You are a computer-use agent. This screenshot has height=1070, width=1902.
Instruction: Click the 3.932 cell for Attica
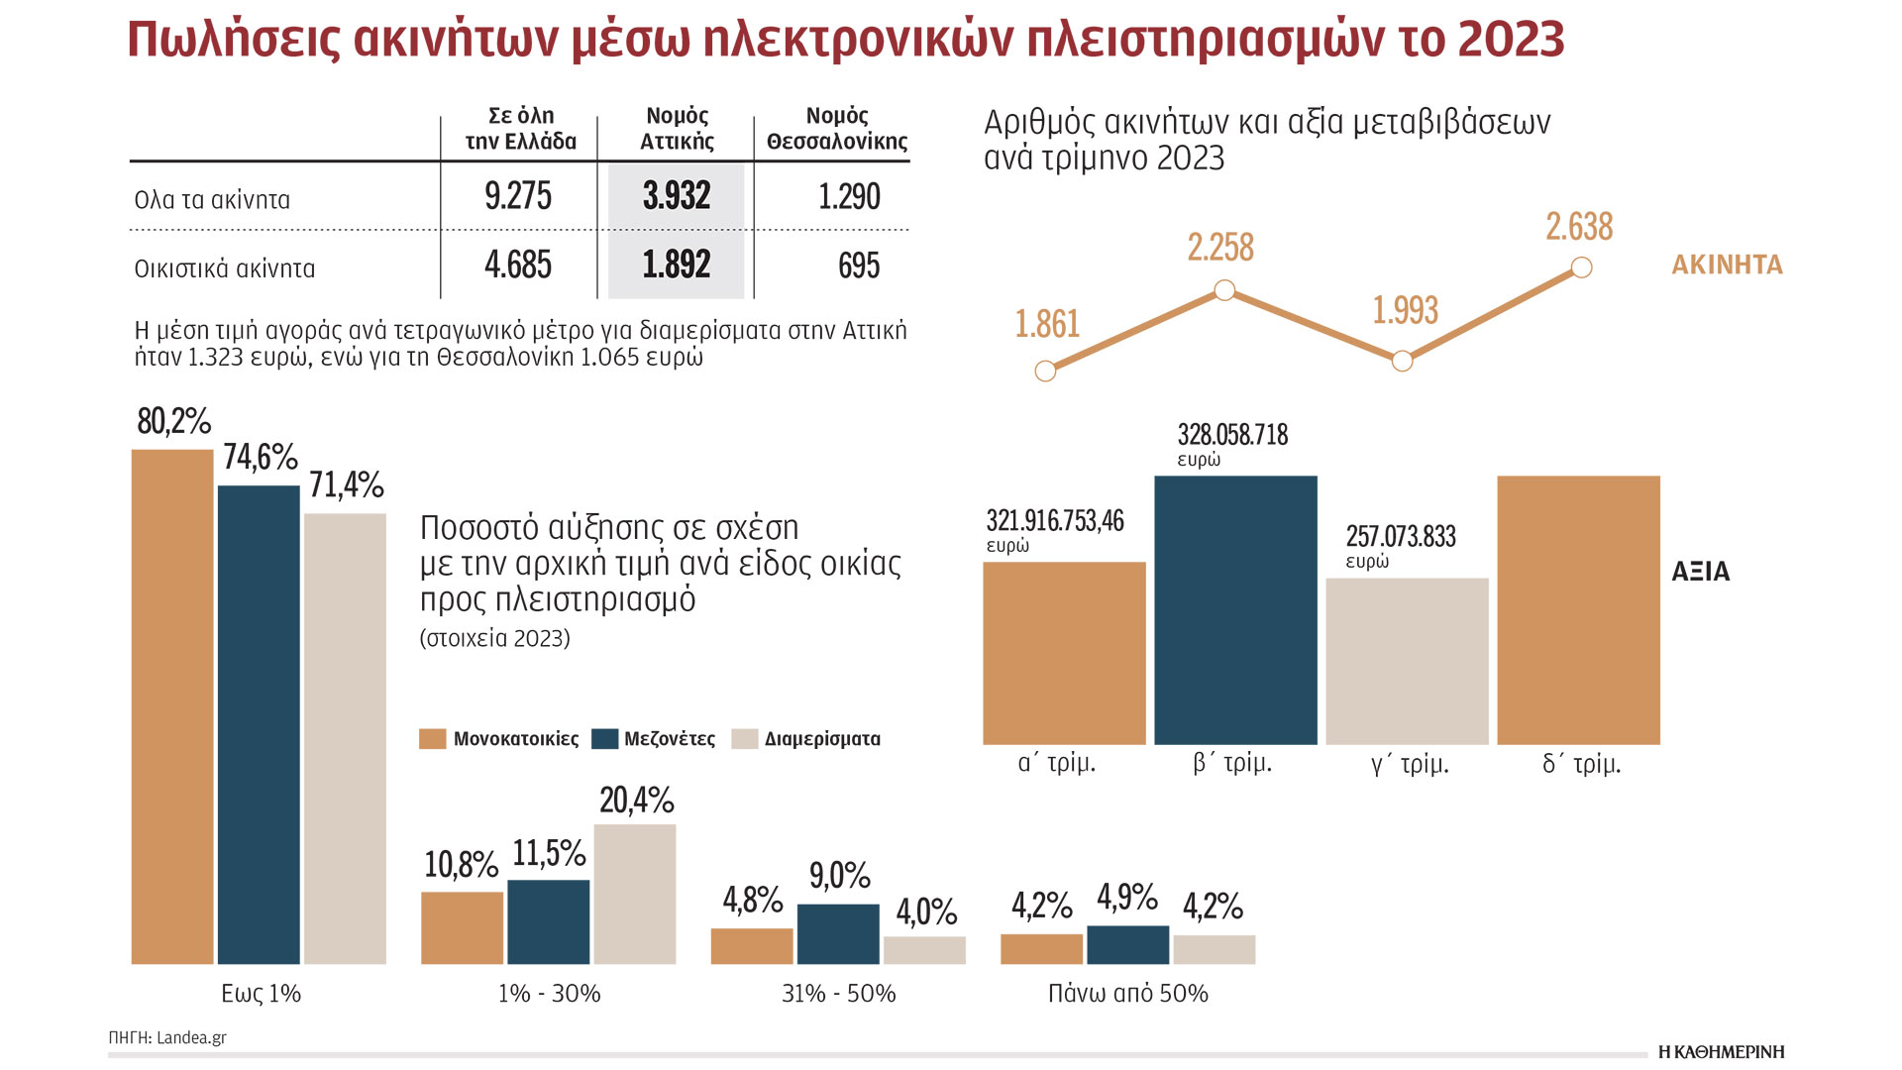(677, 196)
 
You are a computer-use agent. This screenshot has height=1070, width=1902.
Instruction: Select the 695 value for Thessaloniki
(858, 266)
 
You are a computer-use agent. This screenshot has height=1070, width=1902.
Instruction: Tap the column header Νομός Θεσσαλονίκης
(836, 129)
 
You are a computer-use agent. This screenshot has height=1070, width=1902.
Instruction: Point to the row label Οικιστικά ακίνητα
(225, 268)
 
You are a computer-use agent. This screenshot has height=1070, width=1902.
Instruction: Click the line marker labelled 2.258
(1224, 290)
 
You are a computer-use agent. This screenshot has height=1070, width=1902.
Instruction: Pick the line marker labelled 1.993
(1402, 361)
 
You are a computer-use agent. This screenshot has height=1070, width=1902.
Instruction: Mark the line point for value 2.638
(1582, 267)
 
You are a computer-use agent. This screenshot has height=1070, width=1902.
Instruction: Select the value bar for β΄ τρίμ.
(1235, 609)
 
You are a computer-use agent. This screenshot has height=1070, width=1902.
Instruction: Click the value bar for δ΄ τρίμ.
(1578, 609)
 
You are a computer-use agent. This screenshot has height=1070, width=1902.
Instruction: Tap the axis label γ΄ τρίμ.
(1410, 764)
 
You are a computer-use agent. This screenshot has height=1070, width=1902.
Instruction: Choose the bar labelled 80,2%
(172, 705)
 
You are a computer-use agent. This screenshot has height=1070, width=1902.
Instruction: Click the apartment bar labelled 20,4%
(635, 894)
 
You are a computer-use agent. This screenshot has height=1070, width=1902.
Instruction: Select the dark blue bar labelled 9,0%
(838, 933)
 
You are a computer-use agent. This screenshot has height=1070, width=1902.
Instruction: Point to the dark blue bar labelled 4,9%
(1127, 944)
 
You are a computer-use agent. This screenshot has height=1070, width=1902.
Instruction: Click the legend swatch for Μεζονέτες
(604, 739)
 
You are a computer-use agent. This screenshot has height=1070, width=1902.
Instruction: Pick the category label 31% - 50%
(838, 994)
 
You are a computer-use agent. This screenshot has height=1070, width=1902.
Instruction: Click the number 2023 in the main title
(1511, 40)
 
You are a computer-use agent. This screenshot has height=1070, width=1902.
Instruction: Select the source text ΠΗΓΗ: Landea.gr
(167, 1037)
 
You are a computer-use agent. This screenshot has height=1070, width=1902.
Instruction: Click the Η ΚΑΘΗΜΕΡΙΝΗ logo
(1721, 1051)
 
